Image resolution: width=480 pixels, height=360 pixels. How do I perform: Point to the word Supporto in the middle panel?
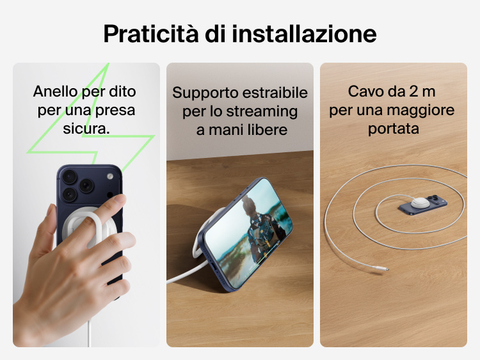[x=201, y=93]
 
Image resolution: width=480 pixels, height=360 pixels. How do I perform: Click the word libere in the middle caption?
[x=266, y=130]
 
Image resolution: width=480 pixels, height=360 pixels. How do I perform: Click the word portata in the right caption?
[x=393, y=129]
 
